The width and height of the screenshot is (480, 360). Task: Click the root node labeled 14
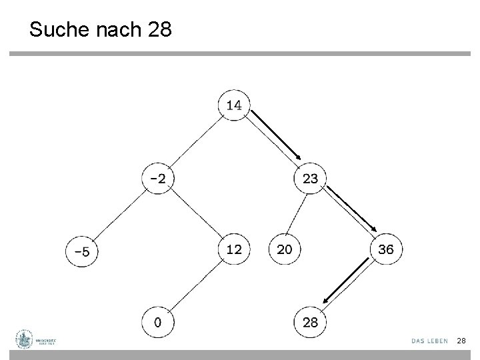pos(234,105)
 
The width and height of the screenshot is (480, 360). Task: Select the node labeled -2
pos(158,178)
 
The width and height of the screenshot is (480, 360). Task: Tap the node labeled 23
pos(310,178)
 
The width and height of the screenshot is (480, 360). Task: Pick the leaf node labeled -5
pos(81,251)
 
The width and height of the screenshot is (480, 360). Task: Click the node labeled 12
pos(234,250)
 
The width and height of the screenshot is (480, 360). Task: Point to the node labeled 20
pos(285,250)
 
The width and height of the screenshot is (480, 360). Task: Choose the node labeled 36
pos(386,249)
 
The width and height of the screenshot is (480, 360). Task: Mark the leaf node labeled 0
pos(158,323)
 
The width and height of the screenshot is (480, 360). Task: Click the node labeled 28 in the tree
pos(310,323)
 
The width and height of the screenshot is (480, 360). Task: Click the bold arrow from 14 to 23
pos(276,137)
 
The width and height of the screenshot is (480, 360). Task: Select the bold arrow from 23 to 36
pos(353,210)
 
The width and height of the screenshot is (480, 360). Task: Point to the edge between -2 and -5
pos(120,215)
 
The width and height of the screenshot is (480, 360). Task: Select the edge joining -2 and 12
pos(196,214)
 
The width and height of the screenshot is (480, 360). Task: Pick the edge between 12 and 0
pos(196,287)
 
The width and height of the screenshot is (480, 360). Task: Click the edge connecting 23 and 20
pos(297,214)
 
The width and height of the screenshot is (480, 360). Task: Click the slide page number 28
pos(461,341)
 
